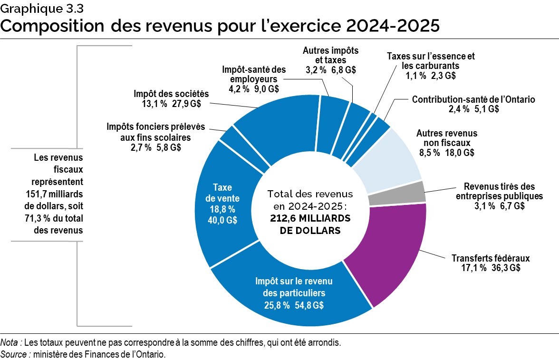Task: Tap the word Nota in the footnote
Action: tap(10, 342)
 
